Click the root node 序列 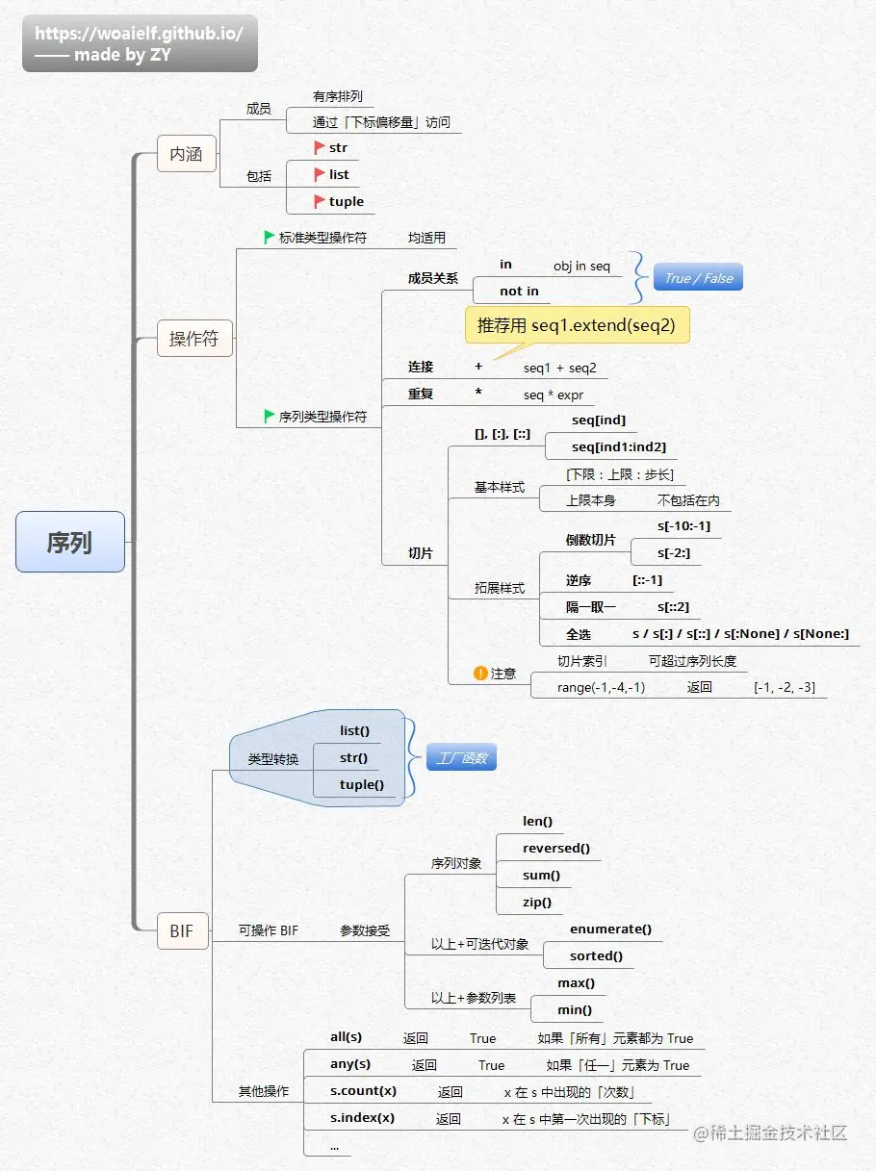click(69, 542)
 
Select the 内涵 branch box click(186, 153)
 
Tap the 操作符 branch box click(193, 339)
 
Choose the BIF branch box click(182, 930)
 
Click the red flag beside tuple click(320, 201)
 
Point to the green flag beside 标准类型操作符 click(270, 237)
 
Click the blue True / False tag click(699, 278)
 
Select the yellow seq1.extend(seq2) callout click(577, 325)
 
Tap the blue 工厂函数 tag click(461, 758)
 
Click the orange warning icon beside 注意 click(480, 673)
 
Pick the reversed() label click(555, 848)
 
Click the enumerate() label click(610, 929)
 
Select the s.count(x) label click(363, 1091)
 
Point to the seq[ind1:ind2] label click(618, 446)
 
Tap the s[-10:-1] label click(683, 525)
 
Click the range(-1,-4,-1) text click(601, 687)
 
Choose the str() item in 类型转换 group click(354, 757)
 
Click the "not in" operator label click(519, 291)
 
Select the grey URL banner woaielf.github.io click(140, 43)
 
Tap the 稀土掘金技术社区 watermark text click(779, 1133)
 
